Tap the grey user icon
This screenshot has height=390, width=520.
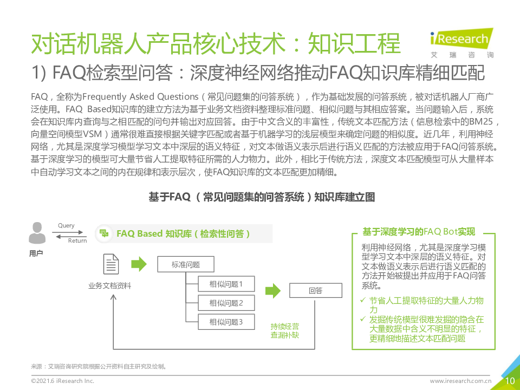pos(37,233)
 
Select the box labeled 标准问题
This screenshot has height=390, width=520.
pos(186,264)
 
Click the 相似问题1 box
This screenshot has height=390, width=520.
pos(226,284)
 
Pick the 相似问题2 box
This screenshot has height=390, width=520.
pos(226,303)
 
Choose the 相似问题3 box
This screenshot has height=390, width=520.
pos(226,322)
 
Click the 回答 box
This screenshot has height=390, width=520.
pos(316,290)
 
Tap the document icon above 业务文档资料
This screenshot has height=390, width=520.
pos(110,264)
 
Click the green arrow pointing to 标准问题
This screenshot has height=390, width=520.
pos(139,264)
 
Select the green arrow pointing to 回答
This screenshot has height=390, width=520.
pos(273,290)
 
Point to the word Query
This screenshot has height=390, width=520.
pos(66,226)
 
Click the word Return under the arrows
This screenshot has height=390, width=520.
pos(77,240)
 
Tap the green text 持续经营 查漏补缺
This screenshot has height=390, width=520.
pos(284,330)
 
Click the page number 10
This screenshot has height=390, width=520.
pos(510,381)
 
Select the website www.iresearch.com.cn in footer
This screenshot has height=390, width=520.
pos(460,381)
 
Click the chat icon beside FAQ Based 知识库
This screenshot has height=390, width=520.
pos(104,233)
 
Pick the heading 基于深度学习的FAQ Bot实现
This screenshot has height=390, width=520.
pos(419,231)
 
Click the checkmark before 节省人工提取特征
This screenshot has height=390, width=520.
pos(363,300)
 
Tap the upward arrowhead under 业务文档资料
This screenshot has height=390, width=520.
pos(113,297)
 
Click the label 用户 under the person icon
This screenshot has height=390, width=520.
pos(36,253)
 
